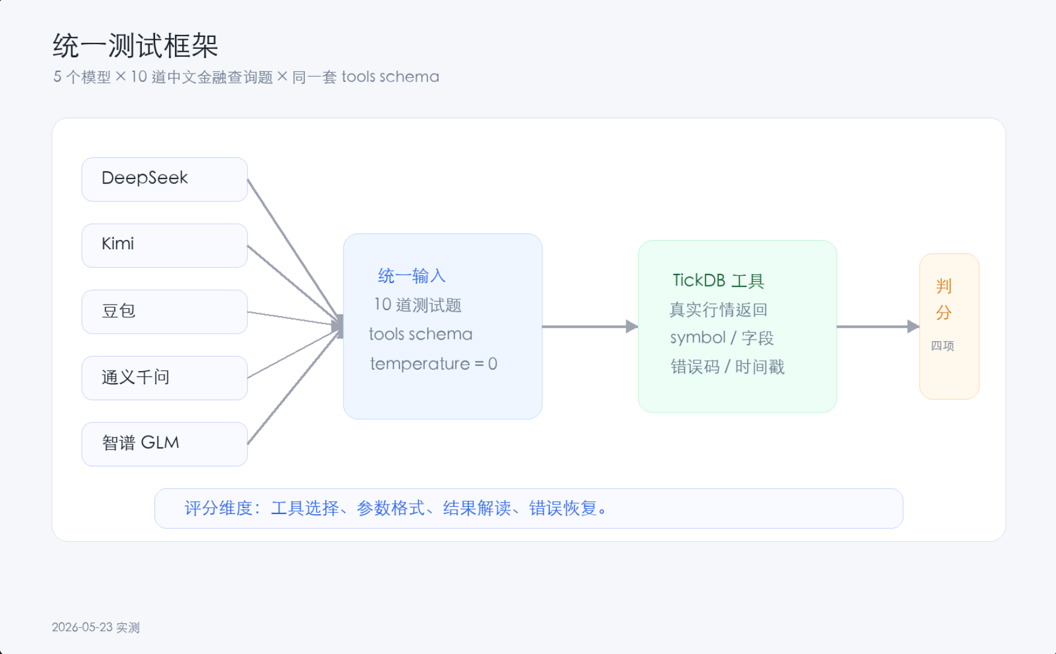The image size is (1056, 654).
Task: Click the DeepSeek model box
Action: coord(165,179)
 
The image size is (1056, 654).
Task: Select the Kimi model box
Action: coord(165,246)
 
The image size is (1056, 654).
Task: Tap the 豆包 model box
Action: coord(165,312)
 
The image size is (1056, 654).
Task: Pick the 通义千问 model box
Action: coord(165,378)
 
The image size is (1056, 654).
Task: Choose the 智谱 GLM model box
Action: coord(165,444)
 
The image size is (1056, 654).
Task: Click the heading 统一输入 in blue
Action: coord(412,276)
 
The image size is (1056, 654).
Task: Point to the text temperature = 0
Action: coord(433,364)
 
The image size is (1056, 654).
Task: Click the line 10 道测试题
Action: coord(418,305)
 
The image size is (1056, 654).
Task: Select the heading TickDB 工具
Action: coord(718,281)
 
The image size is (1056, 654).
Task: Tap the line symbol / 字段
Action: coord(722,338)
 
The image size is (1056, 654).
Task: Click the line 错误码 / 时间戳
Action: coord(727,367)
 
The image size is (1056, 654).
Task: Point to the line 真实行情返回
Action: coord(718,310)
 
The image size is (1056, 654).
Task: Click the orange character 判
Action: coord(944,286)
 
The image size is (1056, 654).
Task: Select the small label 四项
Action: coord(943,346)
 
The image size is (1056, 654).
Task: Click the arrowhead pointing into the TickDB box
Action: coord(632,326)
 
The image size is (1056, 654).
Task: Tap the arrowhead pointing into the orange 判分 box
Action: coord(913,326)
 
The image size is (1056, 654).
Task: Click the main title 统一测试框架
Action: coord(135,46)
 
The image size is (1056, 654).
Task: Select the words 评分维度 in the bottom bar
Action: coord(218,508)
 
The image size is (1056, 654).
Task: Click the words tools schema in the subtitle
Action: coord(390,77)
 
